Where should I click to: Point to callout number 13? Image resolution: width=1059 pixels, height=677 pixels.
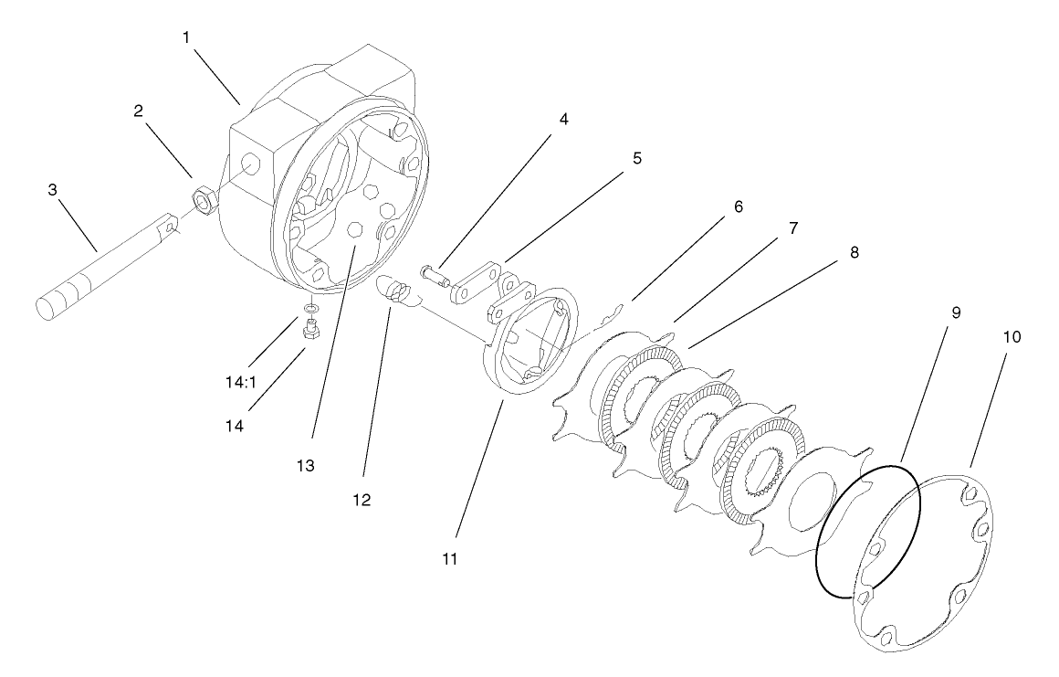click(305, 466)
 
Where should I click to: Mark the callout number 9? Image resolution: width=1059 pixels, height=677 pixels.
click(929, 312)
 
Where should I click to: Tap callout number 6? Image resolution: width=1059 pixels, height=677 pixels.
click(737, 206)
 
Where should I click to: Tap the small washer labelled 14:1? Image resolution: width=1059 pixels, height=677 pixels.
click(311, 310)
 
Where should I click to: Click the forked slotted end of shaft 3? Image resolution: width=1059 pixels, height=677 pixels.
click(170, 226)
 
